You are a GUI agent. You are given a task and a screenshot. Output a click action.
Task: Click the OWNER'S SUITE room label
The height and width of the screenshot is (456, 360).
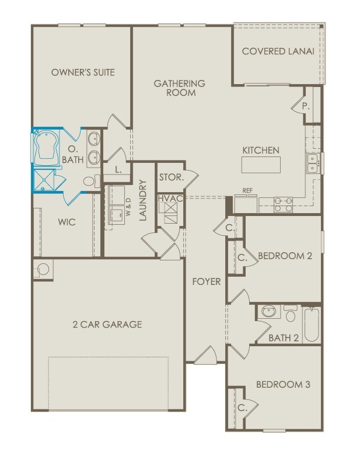[x=83, y=72]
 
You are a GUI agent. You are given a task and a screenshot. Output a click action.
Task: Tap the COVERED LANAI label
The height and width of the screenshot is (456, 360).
[x=278, y=51]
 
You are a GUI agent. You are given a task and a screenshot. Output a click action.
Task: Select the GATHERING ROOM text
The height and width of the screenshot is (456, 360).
[x=179, y=88]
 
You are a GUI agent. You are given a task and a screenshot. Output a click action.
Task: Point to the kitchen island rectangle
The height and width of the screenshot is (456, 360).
[x=260, y=165]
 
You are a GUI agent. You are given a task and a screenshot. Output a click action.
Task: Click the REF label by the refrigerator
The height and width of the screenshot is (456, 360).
[x=247, y=191]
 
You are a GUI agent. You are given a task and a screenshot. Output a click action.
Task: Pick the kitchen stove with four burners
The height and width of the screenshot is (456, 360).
[x=283, y=203]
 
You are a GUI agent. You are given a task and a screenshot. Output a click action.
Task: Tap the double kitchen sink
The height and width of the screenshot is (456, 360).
[x=313, y=163]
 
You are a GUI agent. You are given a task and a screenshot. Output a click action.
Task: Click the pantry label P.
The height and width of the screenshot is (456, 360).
[x=305, y=107]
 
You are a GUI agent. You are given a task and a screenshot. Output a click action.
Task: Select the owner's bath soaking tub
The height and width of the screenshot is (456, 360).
[x=46, y=148]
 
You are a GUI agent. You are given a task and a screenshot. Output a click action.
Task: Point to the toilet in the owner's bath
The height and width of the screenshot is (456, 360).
[x=90, y=182]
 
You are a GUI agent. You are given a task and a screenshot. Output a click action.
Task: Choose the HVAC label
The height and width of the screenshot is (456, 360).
[x=170, y=199]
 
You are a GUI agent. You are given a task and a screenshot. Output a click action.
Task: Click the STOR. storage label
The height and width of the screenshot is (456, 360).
[x=172, y=176]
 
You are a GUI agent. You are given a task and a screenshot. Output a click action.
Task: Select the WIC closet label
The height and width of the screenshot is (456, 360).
[x=67, y=222]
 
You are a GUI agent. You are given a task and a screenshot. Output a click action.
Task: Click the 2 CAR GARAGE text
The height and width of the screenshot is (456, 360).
[x=107, y=325]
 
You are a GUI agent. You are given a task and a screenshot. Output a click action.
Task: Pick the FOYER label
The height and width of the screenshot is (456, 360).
[x=207, y=282]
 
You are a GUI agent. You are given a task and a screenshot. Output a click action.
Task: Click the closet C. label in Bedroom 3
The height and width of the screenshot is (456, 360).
[x=242, y=408]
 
